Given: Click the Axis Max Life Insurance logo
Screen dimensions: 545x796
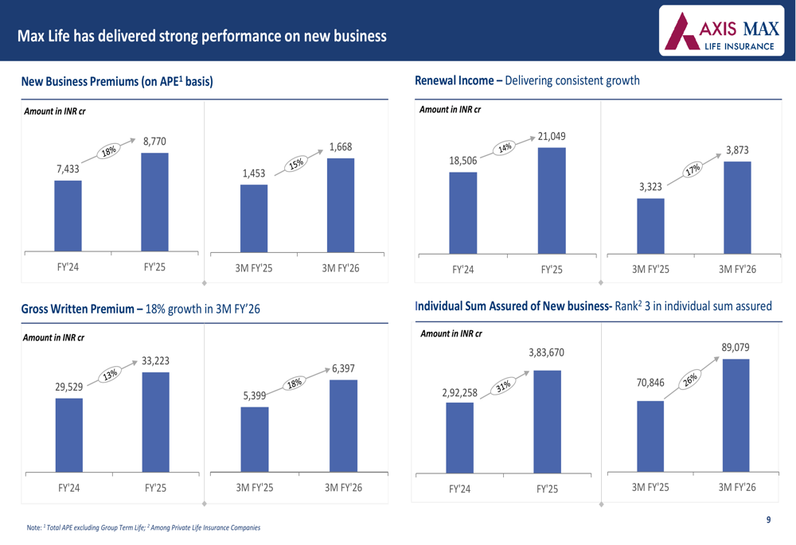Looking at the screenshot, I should [x=726, y=32].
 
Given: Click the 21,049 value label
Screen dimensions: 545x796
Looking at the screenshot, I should [x=552, y=136].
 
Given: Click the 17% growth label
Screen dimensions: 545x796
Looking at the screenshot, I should [x=693, y=169].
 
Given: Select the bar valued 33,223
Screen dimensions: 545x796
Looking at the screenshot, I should [x=155, y=422].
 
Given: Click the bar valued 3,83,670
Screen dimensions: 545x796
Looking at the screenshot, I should [x=547, y=421].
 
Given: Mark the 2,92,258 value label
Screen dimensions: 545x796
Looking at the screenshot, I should [x=459, y=392].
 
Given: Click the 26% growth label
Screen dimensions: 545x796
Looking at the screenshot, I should [x=690, y=380].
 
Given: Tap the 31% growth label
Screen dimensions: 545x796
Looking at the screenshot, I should [x=503, y=387].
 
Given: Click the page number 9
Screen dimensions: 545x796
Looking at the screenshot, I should [x=768, y=520].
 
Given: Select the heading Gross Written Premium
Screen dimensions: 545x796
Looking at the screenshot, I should [x=76, y=309].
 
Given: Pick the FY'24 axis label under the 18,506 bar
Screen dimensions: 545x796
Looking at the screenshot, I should [x=462, y=270].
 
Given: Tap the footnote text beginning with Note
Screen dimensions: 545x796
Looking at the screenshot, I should [x=143, y=527].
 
